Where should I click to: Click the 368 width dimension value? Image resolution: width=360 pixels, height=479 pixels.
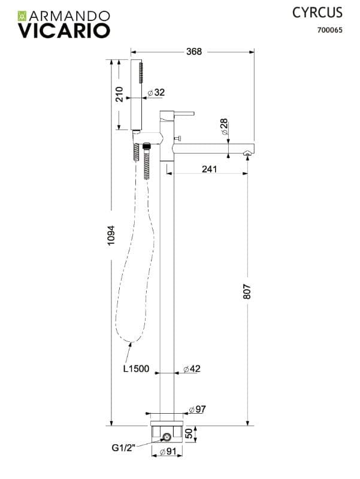click(194, 51)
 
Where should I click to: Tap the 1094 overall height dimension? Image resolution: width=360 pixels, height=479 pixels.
click(111, 235)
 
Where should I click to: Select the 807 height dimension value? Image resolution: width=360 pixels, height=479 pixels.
click(247, 292)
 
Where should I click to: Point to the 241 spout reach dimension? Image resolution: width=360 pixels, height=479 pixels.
click(209, 169)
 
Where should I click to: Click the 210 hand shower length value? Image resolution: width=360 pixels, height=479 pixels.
click(119, 94)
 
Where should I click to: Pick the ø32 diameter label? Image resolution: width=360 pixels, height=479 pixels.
click(156, 92)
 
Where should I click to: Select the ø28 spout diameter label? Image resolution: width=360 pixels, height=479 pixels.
click(224, 126)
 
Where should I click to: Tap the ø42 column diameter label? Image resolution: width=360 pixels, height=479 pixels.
click(192, 369)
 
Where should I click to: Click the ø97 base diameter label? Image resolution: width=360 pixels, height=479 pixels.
click(198, 409)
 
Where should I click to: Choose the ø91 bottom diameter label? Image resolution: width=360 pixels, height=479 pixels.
click(168, 451)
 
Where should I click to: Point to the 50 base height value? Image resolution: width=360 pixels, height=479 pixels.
click(189, 433)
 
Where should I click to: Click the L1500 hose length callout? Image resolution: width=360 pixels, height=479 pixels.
click(137, 369)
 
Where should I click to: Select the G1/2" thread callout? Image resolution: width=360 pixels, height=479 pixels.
click(123, 448)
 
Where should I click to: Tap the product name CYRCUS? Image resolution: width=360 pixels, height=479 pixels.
click(317, 13)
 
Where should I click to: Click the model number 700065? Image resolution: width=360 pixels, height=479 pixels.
click(329, 30)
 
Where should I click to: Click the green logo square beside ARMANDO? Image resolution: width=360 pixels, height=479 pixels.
click(22, 16)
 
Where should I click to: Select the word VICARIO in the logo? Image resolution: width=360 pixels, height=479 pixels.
click(64, 31)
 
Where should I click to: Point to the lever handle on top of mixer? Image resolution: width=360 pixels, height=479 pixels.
click(184, 113)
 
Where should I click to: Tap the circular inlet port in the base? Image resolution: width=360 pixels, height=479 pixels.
click(167, 437)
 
